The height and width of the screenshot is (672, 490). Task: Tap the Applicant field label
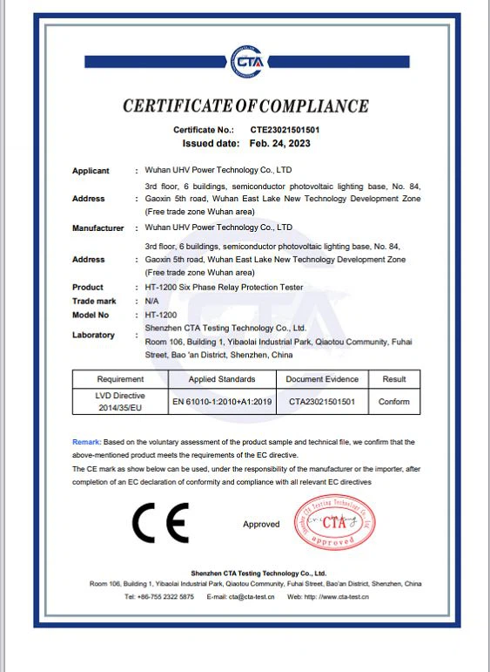pyautogui.click(x=91, y=171)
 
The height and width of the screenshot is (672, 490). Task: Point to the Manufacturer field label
pyautogui.click(x=97, y=228)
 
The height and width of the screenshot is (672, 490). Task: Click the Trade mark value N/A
pyautogui.click(x=151, y=301)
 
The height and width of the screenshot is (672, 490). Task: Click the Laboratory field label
pyautogui.click(x=93, y=335)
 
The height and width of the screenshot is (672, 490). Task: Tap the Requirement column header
pyautogui.click(x=120, y=379)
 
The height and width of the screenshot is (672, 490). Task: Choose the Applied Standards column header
pyautogui.click(x=222, y=379)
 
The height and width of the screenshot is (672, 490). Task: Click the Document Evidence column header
pyautogui.click(x=322, y=379)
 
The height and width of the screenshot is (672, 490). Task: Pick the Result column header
pyautogui.click(x=394, y=379)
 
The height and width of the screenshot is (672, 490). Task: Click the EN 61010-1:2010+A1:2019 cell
pyautogui.click(x=222, y=402)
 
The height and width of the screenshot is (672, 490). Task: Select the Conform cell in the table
pyautogui.click(x=394, y=402)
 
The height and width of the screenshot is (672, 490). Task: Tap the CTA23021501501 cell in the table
pyautogui.click(x=322, y=402)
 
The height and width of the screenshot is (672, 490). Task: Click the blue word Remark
pyautogui.click(x=86, y=443)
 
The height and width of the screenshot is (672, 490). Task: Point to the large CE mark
pyautogui.click(x=160, y=524)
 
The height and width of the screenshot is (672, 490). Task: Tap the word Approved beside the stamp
pyautogui.click(x=261, y=525)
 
